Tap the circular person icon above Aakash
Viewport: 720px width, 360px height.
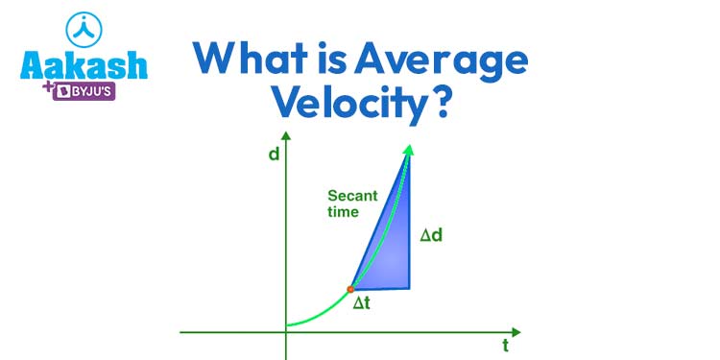coord(84,28)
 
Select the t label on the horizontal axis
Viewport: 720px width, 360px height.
coord(505,346)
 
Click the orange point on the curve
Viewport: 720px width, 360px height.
coord(350,288)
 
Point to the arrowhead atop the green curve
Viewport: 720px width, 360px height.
coord(409,148)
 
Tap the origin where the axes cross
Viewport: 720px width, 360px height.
coord(285,332)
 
